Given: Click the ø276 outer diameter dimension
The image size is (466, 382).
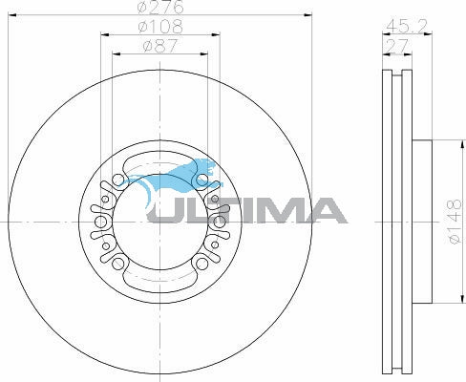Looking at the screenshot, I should (161, 9).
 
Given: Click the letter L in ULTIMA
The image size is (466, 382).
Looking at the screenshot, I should (196, 210).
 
